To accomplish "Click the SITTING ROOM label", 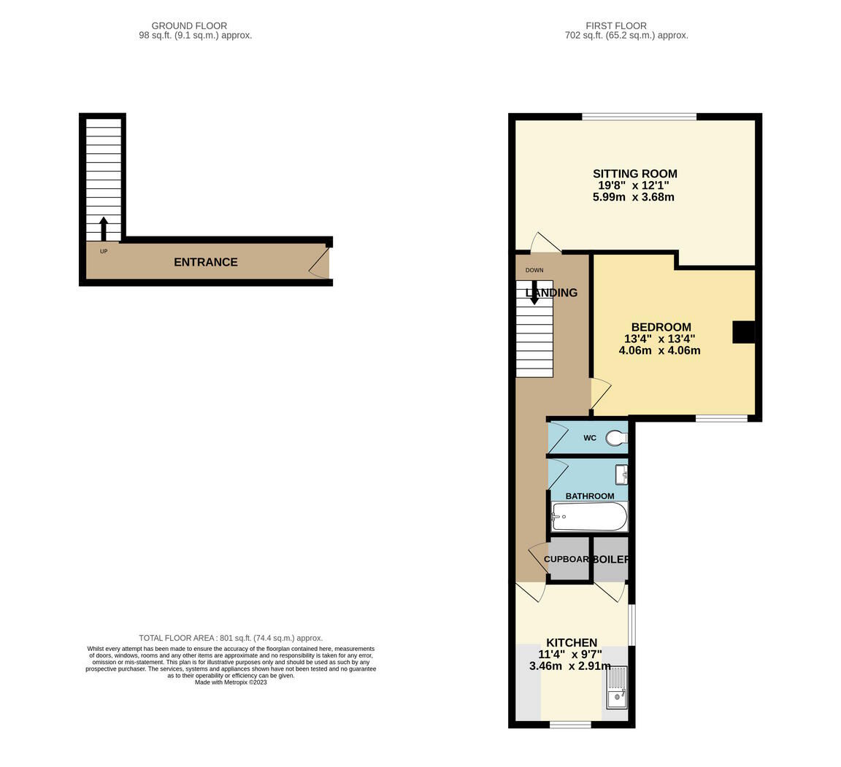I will (634, 174).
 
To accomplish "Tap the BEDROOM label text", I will (661, 327).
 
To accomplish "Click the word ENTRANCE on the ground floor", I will (205, 262).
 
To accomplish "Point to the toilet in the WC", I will (617, 438).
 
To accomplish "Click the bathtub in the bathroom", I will (589, 517).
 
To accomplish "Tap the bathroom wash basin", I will (621, 474).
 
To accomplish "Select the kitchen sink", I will (617, 687).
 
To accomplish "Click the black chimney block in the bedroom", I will (743, 332).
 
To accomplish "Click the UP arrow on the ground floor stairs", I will (104, 228).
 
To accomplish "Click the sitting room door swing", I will (545, 243).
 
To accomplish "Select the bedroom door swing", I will (599, 392).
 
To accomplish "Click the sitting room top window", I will (639, 117).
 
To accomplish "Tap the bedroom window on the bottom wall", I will (721, 418).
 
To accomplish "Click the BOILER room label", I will (610, 559).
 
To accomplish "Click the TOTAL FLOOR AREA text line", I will (231, 638).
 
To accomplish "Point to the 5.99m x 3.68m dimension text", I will (633, 197).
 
